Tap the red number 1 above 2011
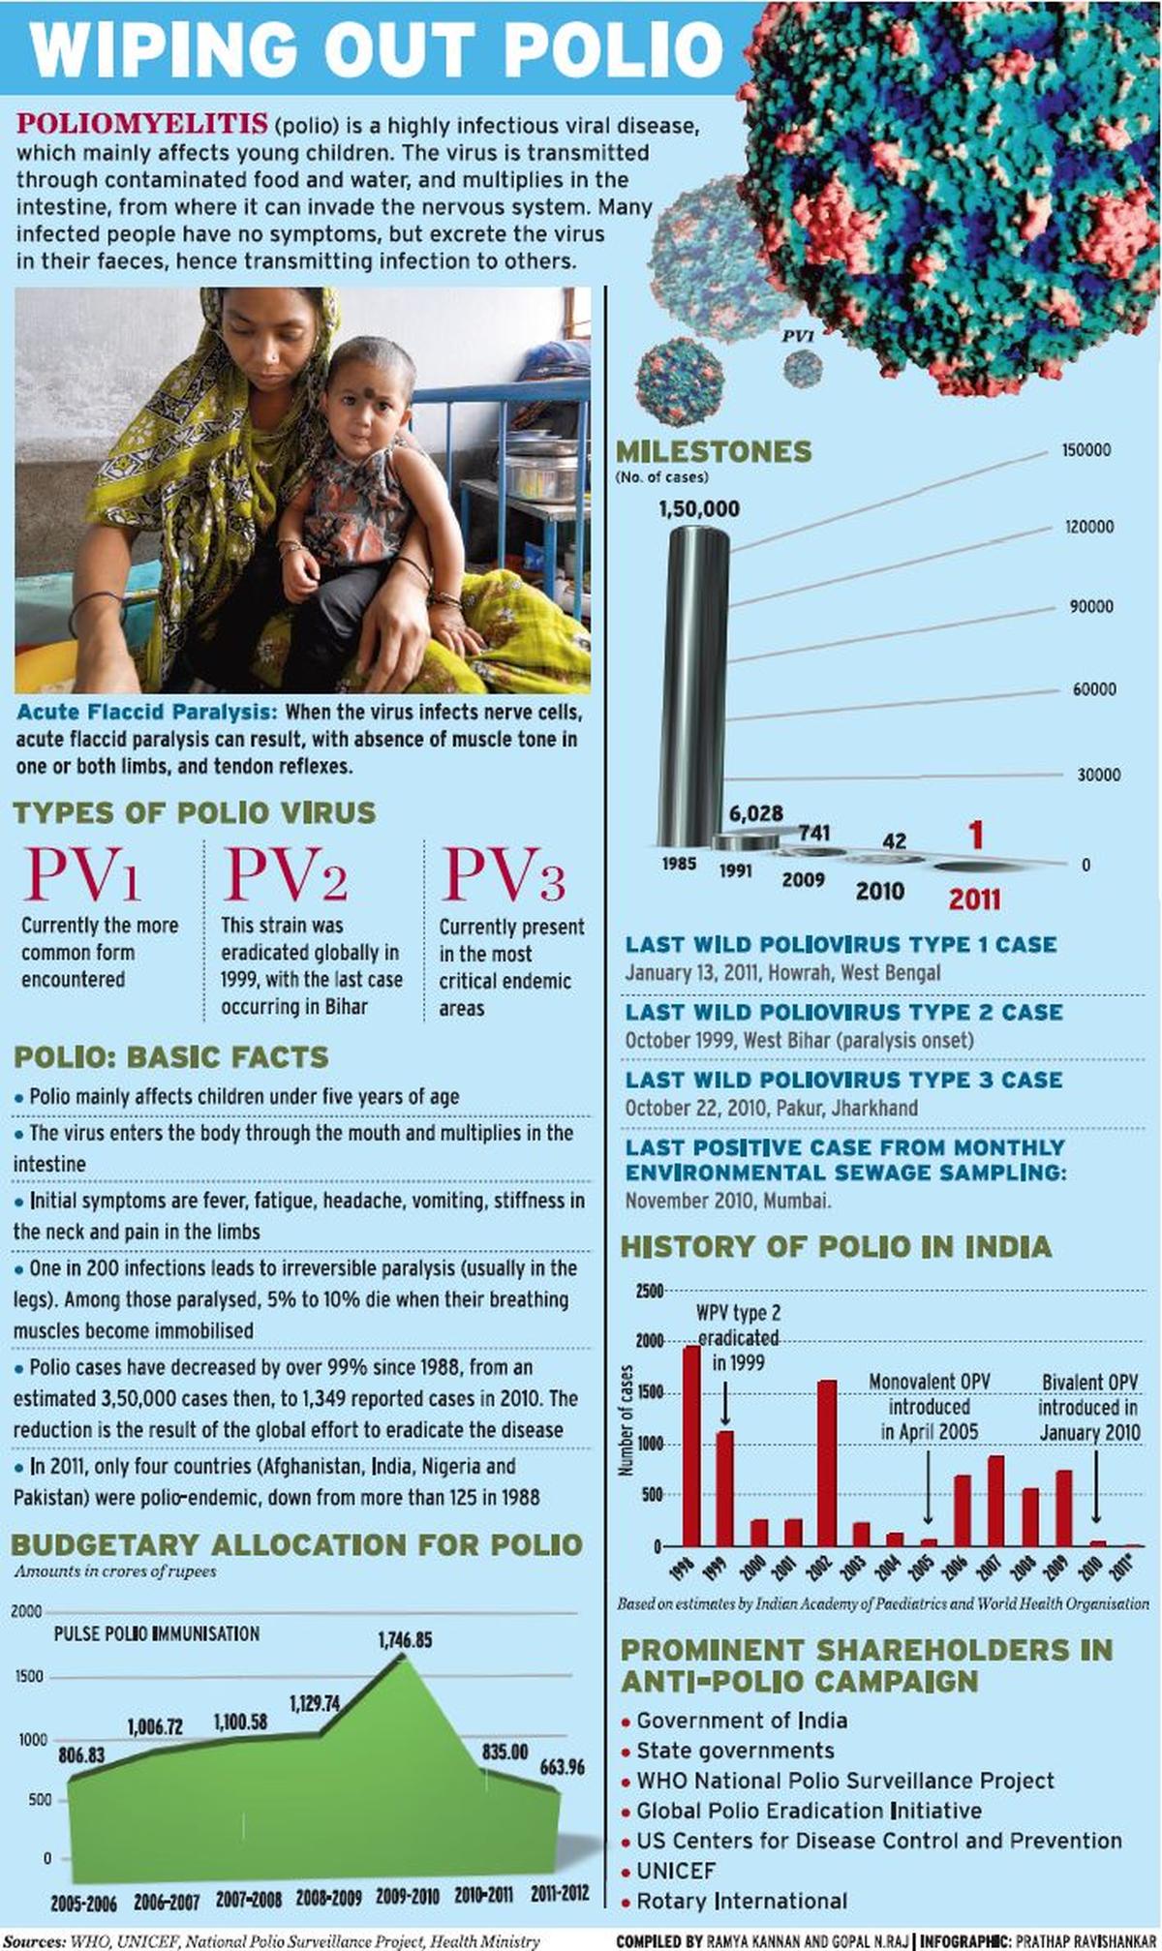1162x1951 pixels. click(976, 836)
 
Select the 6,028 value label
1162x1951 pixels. click(755, 813)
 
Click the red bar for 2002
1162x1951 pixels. click(827, 1463)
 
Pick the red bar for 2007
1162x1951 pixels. click(996, 1501)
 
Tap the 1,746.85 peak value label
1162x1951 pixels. click(405, 1640)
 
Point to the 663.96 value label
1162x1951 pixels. click(562, 1767)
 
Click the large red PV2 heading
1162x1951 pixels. click(285, 874)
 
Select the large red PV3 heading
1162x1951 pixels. click(503, 874)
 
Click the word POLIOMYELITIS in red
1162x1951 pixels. click(142, 124)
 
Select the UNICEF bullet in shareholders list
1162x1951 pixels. click(676, 1871)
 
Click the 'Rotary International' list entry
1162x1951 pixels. click(741, 1901)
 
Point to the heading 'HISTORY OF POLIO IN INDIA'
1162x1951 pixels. click(835, 1246)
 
